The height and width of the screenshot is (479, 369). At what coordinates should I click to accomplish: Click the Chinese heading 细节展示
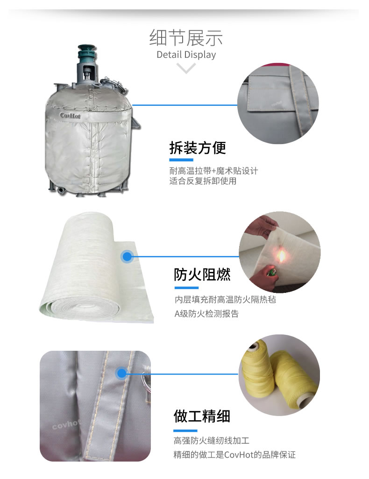[186, 38]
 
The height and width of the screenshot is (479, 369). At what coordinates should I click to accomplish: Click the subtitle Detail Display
[186, 55]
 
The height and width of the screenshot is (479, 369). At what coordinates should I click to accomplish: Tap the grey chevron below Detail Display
[186, 68]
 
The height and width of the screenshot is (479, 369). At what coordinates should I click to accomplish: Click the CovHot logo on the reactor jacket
[70, 116]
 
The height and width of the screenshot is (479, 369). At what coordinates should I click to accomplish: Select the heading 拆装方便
[198, 148]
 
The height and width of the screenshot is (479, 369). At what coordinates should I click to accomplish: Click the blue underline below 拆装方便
[181, 160]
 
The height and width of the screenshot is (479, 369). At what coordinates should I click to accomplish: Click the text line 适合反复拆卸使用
[203, 181]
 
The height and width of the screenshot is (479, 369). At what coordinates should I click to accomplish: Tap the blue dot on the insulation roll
[127, 256]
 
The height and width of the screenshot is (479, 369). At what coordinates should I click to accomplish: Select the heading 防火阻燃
[202, 274]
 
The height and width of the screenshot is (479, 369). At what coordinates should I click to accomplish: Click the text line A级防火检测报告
[206, 314]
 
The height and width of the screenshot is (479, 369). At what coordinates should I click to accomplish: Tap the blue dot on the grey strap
[122, 373]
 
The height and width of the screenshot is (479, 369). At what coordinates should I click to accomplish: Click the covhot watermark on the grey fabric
[66, 424]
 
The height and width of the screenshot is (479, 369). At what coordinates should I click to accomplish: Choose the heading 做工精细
[202, 417]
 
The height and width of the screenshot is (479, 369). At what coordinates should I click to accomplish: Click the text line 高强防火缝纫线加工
[212, 440]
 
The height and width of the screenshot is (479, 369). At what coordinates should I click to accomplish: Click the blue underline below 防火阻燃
[187, 288]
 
